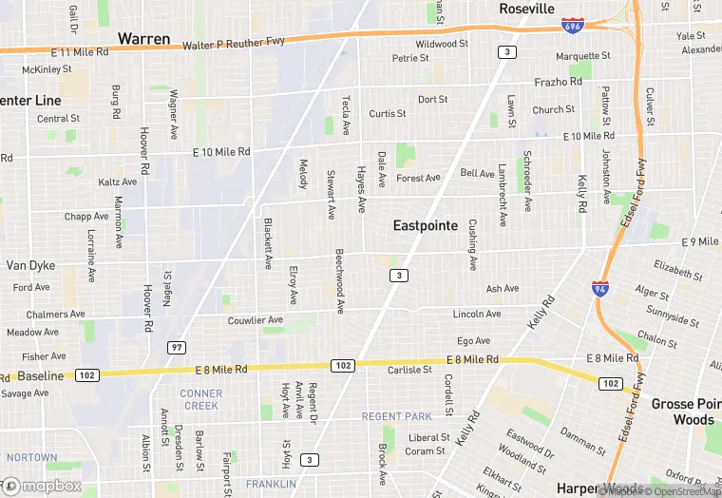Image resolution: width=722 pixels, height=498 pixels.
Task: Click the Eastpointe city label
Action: click(x=426, y=226)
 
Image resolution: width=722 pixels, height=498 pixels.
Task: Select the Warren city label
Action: click(x=143, y=39)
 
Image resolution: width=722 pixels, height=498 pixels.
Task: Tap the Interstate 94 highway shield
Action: click(x=599, y=286)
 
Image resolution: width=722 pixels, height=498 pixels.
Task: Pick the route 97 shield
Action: click(x=176, y=347)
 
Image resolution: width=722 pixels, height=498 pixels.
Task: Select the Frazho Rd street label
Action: click(x=558, y=83)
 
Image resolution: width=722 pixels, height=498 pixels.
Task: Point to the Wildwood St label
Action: click(x=442, y=44)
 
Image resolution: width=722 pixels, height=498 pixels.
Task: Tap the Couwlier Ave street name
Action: click(x=256, y=321)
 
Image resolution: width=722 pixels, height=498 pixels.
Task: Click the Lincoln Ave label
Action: click(x=477, y=314)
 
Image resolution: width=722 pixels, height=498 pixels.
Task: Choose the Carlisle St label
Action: click(x=410, y=371)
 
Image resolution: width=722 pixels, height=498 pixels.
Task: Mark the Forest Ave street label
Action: click(x=419, y=178)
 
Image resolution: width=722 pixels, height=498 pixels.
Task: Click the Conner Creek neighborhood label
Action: click(x=200, y=399)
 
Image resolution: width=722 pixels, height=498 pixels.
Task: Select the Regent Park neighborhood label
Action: click(x=396, y=416)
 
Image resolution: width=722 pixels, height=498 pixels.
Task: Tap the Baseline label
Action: click(x=40, y=376)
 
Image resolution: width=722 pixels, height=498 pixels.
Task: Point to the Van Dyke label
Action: click(x=30, y=266)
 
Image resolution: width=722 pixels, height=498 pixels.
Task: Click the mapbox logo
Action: click(x=42, y=486)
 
